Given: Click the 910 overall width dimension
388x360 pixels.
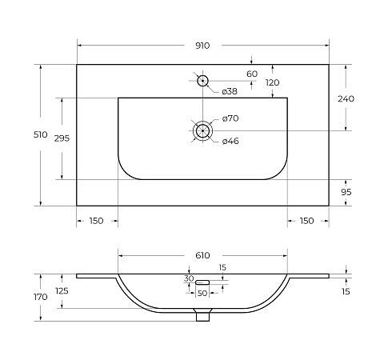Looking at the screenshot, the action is (202, 46).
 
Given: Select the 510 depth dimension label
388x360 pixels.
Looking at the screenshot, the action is (40, 134).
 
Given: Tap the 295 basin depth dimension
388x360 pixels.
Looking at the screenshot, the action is (62, 138).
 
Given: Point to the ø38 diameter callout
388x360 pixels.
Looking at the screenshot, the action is (230, 91).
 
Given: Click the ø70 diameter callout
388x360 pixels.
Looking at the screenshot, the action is (230, 118).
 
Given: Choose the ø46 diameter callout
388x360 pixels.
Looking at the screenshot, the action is (230, 141).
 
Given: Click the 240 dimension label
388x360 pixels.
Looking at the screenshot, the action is (346, 99).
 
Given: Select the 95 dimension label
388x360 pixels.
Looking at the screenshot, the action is (346, 192).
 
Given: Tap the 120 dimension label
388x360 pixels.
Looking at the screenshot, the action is (272, 82).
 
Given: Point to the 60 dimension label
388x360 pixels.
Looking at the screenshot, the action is (252, 74).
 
